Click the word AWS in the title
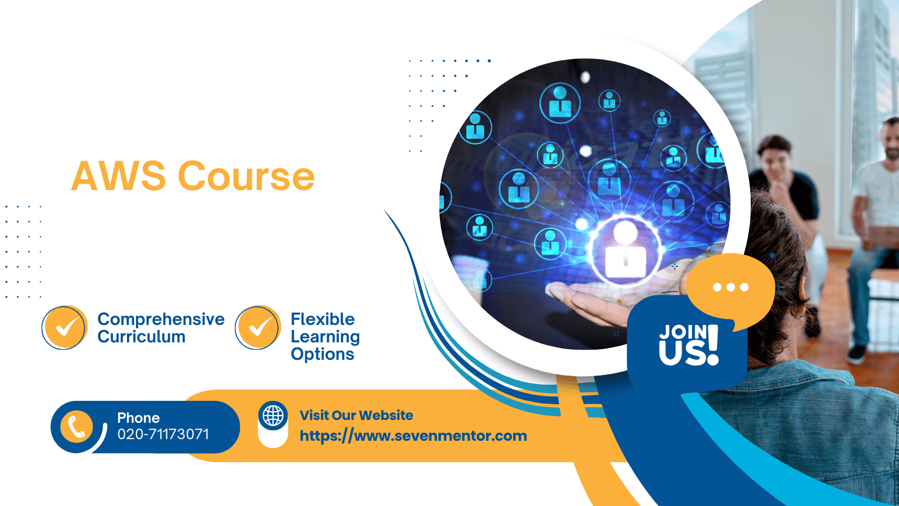click(119, 176)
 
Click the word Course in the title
click(246, 176)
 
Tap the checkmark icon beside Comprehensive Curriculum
click(65, 327)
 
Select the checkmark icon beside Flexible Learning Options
click(258, 327)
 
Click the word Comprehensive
click(161, 320)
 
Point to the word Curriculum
click(141, 337)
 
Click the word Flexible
click(323, 319)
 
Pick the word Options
click(323, 354)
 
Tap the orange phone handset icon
click(76, 427)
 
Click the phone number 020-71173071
click(163, 434)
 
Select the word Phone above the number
click(138, 418)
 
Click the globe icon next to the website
click(273, 415)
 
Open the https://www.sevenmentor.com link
click(414, 436)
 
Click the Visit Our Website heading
click(356, 415)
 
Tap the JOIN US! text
click(689, 345)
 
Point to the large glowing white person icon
click(624, 250)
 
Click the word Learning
click(325, 337)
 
